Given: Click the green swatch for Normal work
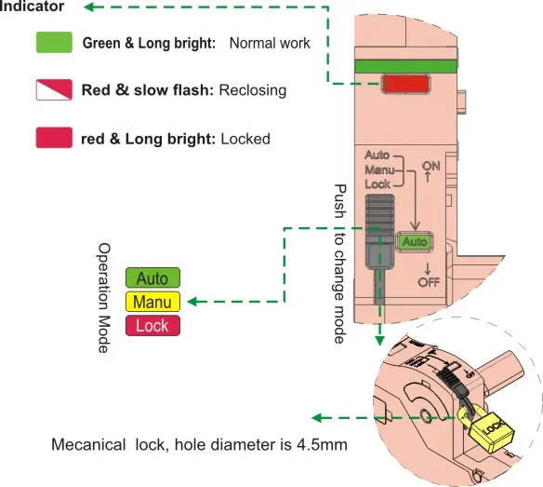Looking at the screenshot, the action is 54,42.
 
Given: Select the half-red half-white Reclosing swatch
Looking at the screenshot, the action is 54,89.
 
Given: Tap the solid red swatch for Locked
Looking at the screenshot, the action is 54,138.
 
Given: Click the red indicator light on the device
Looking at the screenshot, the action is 405,84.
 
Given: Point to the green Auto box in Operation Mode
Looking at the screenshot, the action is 152,277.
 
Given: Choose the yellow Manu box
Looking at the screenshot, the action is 152,302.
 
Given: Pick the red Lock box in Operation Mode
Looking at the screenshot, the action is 152,325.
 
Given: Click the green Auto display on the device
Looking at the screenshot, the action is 415,241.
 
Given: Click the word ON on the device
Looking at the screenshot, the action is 431,166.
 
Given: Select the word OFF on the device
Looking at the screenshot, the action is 429,282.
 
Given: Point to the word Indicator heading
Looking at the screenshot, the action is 32,7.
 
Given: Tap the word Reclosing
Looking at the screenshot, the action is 253,90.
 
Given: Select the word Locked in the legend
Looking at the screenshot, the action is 245,139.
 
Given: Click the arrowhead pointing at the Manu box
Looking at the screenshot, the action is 192,302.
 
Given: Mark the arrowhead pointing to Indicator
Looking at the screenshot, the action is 89,7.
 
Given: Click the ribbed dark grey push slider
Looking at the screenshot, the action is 380,231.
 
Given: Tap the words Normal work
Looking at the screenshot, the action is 270,43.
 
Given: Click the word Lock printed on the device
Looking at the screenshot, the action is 377,184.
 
